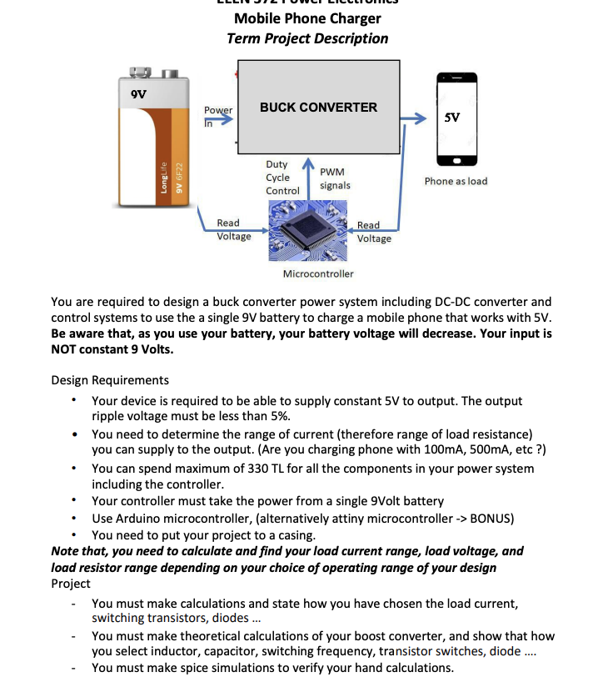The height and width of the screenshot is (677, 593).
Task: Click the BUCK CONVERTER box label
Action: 318,108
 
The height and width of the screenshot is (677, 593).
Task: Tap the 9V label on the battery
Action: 138,94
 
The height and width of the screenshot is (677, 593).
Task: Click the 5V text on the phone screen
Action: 452,118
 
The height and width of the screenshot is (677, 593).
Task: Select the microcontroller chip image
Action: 306,230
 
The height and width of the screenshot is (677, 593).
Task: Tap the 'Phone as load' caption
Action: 456,181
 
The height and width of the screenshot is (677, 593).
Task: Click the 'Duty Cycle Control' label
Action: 282,178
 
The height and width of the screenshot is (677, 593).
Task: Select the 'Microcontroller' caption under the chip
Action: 317,273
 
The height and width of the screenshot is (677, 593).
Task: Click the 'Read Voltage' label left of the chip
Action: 233,229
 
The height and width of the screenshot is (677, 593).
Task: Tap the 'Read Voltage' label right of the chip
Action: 373,232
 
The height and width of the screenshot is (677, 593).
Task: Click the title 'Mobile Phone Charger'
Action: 307,18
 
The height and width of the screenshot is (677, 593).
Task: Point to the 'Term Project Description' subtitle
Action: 307,38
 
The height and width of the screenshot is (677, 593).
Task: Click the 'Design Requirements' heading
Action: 110,380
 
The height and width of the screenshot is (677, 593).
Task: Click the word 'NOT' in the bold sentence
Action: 67,350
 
